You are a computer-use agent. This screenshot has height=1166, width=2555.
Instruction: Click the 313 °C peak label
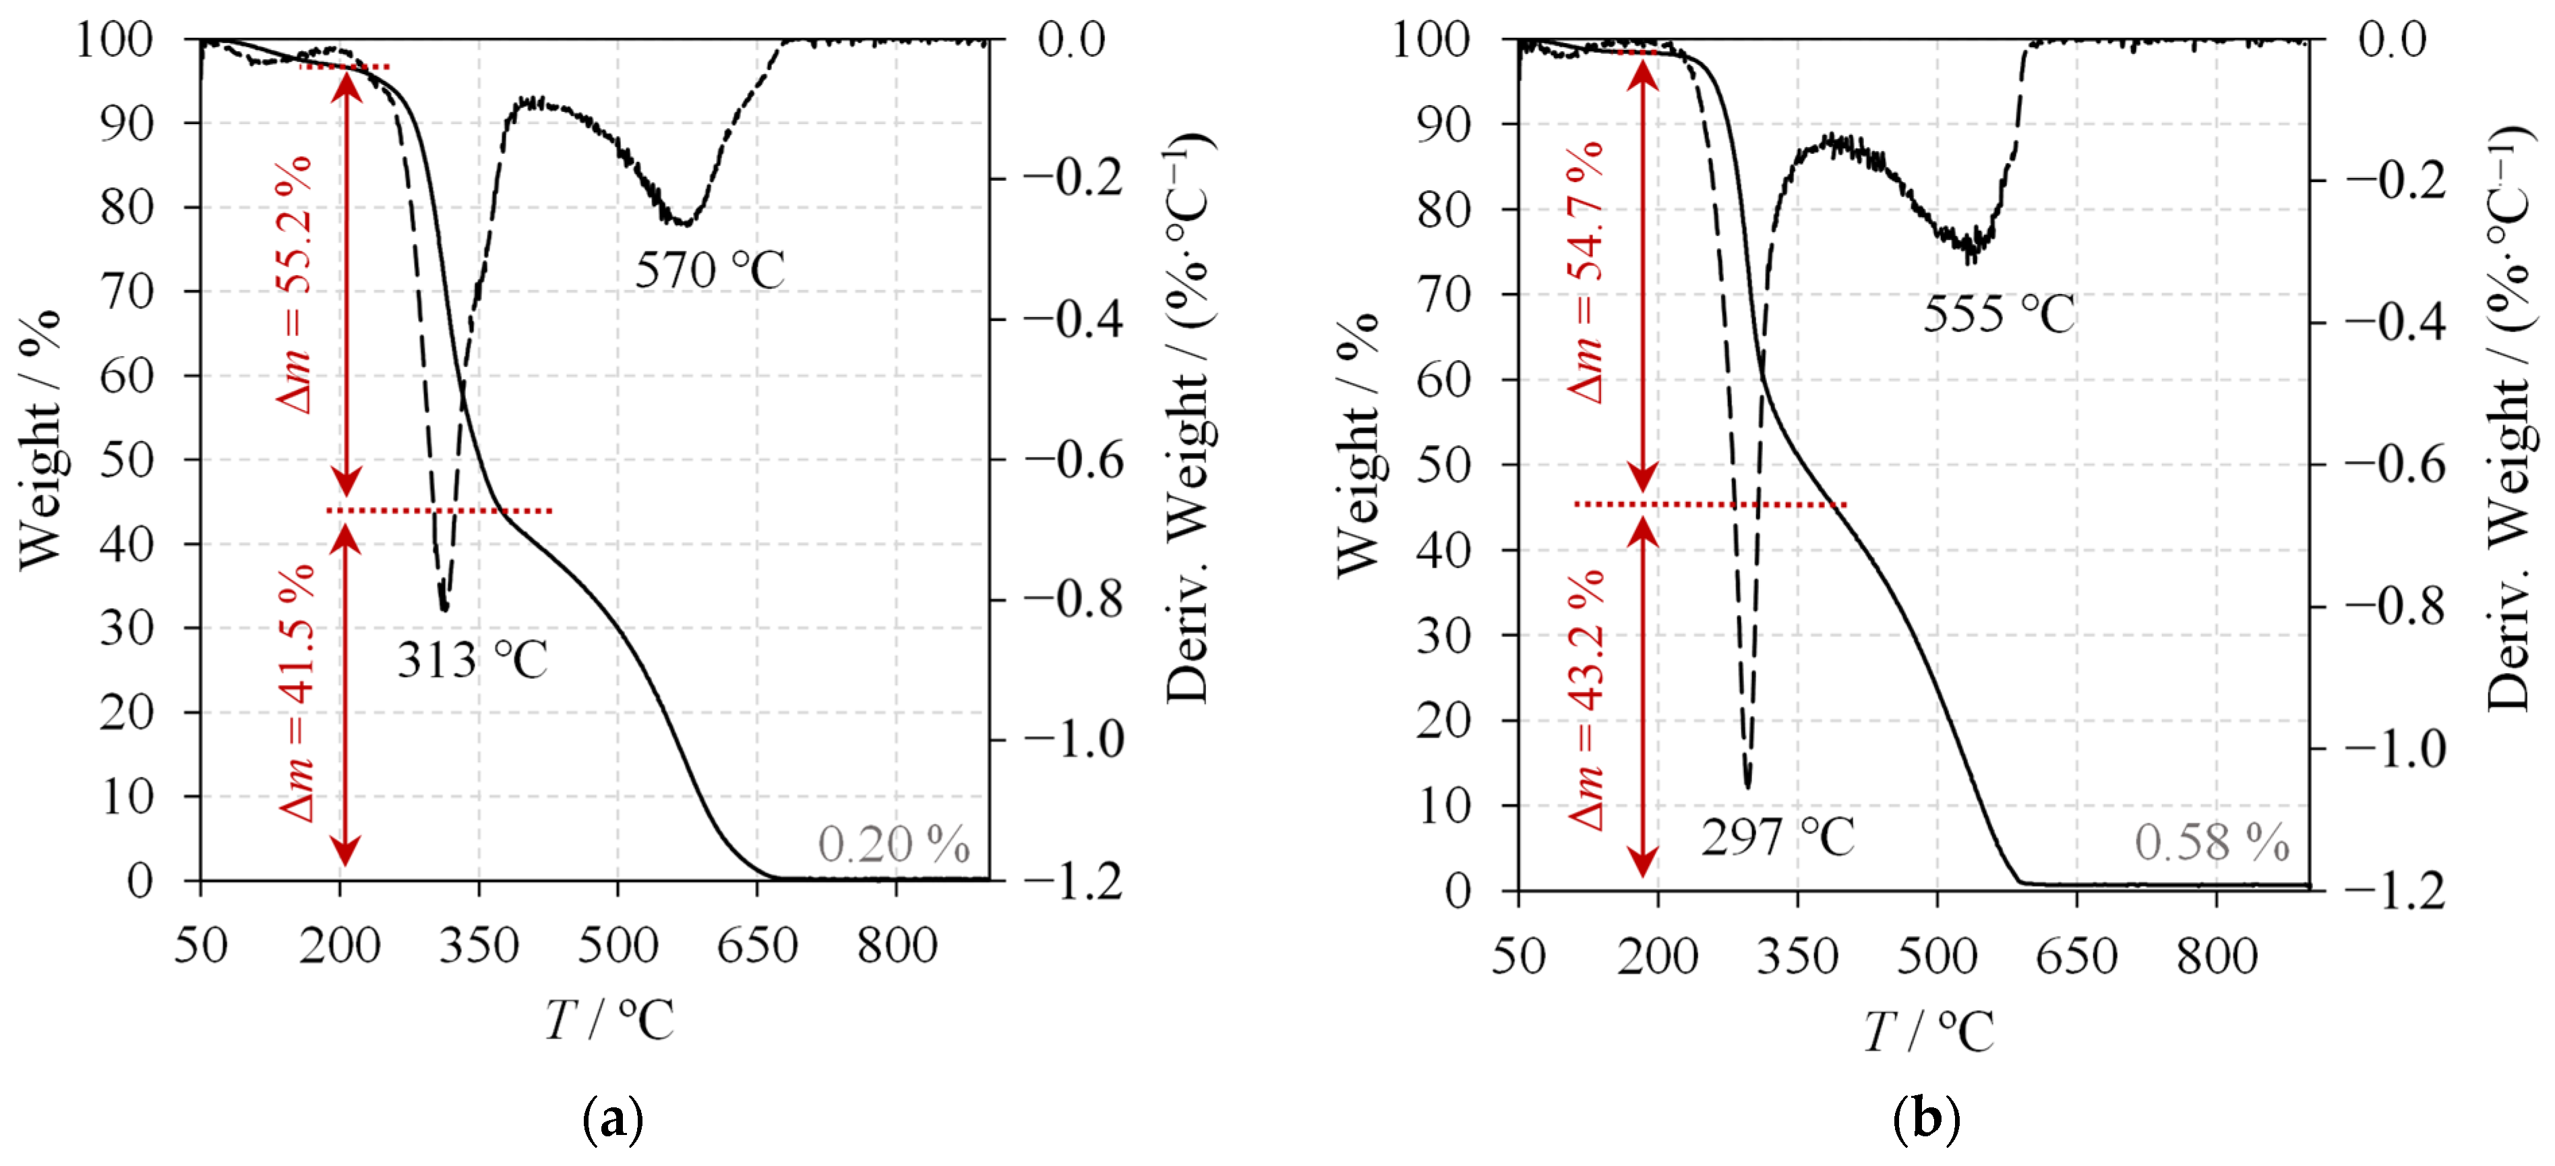pos(472,661)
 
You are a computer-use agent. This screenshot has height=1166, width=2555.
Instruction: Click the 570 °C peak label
pos(709,270)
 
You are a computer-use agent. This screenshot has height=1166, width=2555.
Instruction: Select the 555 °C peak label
pos(1999,314)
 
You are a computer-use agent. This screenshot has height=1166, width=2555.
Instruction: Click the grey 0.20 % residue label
pos(893,844)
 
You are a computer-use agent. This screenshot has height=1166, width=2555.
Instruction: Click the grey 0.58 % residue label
pos(2212,842)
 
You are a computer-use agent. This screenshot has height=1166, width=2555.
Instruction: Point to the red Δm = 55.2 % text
pos(295,284)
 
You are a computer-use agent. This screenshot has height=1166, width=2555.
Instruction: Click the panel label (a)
pos(613,1119)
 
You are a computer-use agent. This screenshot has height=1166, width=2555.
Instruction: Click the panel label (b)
pos(1925,1119)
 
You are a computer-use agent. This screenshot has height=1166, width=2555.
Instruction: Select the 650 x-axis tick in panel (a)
pos(757,945)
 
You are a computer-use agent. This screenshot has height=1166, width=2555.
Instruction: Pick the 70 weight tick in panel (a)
pos(126,292)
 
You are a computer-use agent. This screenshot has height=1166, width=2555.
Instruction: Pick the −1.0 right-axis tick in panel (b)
pos(2395,749)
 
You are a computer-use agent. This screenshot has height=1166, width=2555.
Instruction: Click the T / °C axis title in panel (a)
pos(609,1019)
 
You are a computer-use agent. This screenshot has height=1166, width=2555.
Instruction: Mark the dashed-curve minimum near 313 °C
pos(444,608)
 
